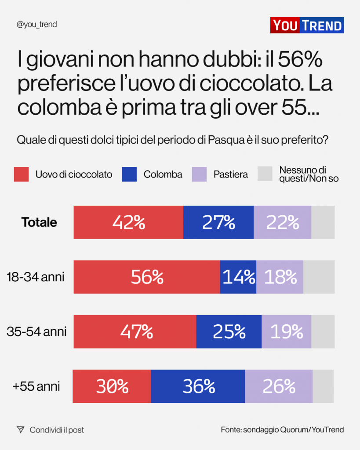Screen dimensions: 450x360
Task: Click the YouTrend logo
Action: point(307,25)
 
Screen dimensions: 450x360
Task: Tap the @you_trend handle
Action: point(36,25)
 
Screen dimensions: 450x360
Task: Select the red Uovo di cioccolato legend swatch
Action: point(21,174)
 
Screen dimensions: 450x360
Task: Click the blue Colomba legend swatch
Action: point(129,174)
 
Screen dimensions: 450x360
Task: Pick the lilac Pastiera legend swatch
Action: point(199,174)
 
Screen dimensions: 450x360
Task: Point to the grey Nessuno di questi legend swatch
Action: point(265,174)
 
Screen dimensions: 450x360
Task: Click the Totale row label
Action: point(39,222)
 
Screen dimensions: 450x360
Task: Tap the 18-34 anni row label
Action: point(36,277)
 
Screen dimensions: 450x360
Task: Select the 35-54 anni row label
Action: point(36,331)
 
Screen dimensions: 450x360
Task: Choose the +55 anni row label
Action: point(36,386)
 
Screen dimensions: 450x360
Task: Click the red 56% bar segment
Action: point(147,277)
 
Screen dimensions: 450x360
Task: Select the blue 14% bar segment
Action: point(238,277)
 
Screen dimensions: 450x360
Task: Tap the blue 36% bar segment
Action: point(198,386)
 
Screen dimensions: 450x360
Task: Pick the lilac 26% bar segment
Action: point(279,386)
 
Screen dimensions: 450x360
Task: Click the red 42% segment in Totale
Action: point(128,222)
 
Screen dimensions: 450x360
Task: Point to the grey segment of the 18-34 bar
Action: point(319,277)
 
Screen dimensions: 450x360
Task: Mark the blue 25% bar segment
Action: point(229,331)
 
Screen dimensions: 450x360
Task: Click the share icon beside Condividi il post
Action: point(20,430)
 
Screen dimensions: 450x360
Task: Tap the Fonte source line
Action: point(282,430)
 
